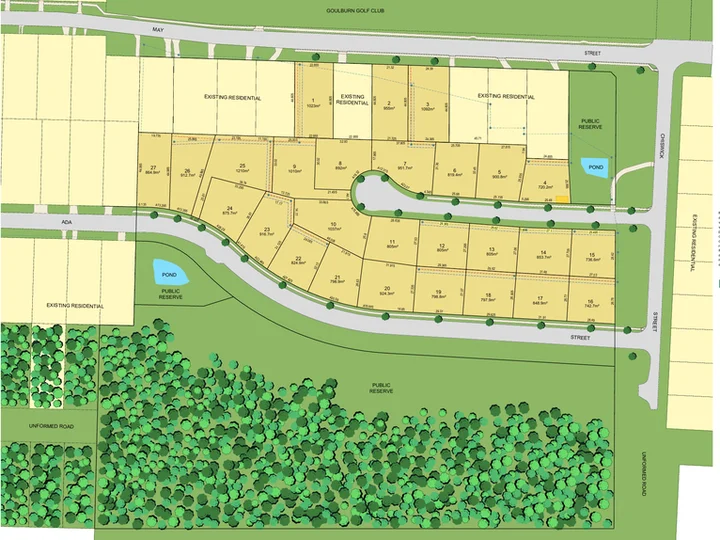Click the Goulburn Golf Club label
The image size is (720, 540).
354,11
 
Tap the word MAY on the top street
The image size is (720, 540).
156,31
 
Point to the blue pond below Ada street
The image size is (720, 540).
164,270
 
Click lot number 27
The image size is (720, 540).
152,167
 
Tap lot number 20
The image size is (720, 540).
386,288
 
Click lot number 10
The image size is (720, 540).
332,224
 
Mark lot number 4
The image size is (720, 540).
545,181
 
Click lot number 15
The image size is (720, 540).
592,254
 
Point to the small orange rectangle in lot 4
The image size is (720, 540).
564,198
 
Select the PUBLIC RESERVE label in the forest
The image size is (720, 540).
380,387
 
